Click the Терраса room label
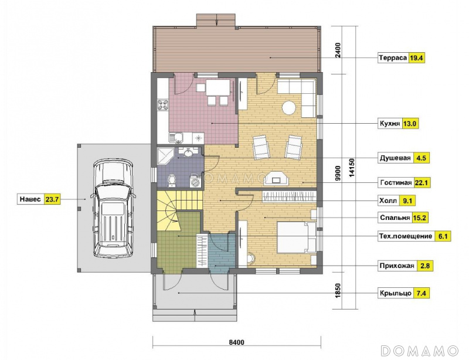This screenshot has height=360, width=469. coord(393,58)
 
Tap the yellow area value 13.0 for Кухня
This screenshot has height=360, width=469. coord(410,124)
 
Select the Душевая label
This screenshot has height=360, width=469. coord(395,158)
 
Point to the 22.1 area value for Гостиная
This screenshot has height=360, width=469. coord(422,182)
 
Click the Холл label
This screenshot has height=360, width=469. coord(388,201)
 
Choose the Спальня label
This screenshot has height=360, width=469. coord(395,218)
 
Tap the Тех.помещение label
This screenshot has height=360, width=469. coord(406,236)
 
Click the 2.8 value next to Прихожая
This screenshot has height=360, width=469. coord(425,266)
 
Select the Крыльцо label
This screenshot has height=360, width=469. coord(395,293)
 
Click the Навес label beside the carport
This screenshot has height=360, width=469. coord(30,199)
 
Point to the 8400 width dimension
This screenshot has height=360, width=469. coord(237,342)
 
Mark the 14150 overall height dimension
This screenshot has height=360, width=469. coord(352,168)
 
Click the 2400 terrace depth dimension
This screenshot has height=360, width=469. coord(338,50)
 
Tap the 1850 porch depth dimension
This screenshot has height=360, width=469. coord(338,290)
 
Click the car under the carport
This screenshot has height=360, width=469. coord(113,208)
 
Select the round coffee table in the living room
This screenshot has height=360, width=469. coord(289,107)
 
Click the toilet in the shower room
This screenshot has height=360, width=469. coord(172,181)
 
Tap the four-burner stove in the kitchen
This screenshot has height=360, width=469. coord(163,105)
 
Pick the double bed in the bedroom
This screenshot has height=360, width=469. coord(297,237)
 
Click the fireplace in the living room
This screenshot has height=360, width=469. coord(277,178)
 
